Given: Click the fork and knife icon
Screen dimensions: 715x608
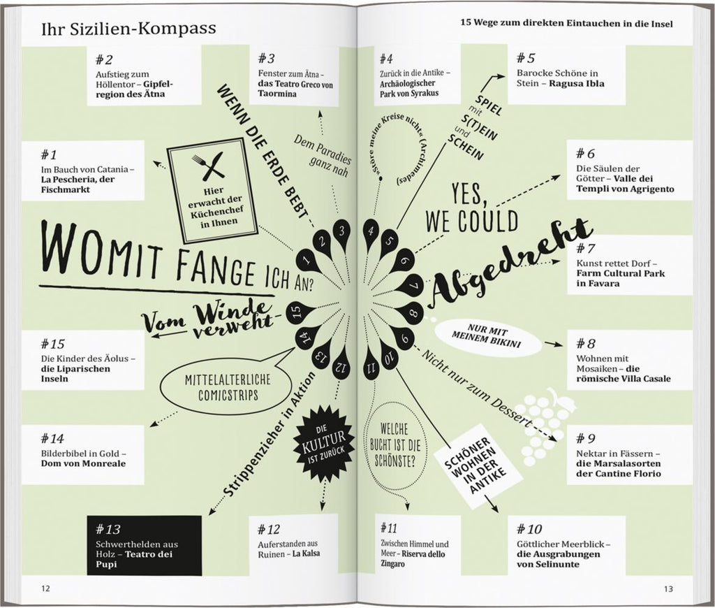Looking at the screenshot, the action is pos(208,166).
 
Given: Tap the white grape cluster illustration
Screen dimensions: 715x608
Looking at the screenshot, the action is pos(546,419).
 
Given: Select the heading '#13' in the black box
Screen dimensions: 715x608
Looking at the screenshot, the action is pos(108,529).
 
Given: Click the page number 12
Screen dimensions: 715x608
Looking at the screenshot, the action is pos(45,588).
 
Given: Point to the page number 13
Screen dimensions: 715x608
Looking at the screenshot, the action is pos(668,589).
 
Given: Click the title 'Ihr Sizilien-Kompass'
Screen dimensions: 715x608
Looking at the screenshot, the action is pos(128,28).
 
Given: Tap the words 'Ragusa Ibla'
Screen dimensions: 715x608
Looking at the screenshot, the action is pos(576,84).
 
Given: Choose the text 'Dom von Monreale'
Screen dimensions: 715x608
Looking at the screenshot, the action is pos(84,463).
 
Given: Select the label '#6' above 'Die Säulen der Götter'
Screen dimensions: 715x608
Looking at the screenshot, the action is pos(585,153).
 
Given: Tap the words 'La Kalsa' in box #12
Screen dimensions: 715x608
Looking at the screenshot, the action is pos(306,553).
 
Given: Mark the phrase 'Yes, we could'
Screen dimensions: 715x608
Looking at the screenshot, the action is pos(471,208).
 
